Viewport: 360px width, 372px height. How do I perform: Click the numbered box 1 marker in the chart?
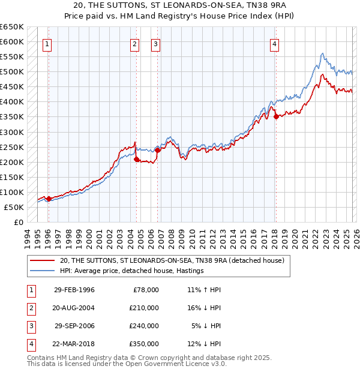point(47,43)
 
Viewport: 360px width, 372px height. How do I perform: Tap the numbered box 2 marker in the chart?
point(135,43)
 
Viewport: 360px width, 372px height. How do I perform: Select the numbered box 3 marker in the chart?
point(155,43)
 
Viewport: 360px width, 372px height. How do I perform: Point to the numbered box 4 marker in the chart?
point(274,43)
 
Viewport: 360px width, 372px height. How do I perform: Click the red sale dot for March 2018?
point(276,117)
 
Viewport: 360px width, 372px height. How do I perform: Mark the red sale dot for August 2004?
point(136,159)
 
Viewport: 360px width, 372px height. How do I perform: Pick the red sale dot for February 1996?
point(49,199)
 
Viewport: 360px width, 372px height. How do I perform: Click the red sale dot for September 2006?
point(158,150)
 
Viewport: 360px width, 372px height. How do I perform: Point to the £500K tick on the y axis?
point(12,72)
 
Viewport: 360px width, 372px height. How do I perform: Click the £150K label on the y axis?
point(12,177)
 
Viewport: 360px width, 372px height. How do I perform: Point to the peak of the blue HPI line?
point(322,53)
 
